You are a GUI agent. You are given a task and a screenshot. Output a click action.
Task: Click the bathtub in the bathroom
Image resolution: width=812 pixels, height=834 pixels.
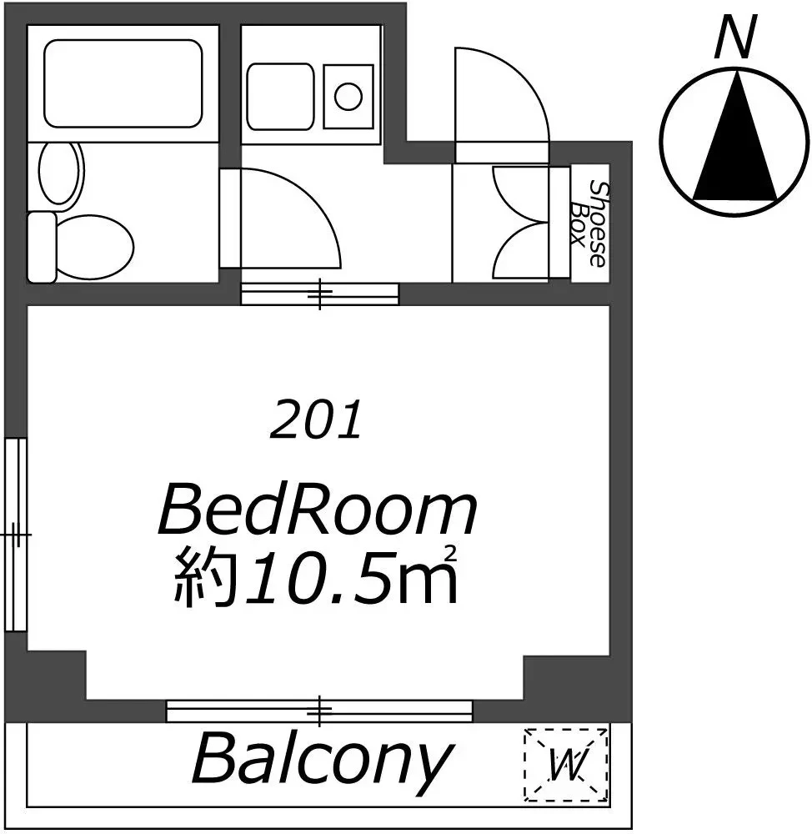(x=123, y=83)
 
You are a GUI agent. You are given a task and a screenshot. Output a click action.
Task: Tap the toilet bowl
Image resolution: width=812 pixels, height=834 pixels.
(x=94, y=248)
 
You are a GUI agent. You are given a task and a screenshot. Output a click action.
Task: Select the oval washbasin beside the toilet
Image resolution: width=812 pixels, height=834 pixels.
(x=62, y=173)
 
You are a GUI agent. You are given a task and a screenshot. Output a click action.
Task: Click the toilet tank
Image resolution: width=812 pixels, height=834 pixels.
(x=42, y=248)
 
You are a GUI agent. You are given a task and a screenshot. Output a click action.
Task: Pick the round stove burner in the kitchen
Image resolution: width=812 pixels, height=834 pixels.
(x=348, y=96)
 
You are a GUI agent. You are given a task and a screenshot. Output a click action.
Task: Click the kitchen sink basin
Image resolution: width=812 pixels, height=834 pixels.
(x=280, y=96)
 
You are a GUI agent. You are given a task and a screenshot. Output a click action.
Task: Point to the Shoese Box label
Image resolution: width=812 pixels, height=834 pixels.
(x=589, y=224)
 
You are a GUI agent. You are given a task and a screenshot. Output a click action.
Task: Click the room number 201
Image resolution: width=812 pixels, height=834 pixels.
(x=317, y=420)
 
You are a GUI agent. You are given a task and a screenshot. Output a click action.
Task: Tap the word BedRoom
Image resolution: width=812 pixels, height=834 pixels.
(x=318, y=509)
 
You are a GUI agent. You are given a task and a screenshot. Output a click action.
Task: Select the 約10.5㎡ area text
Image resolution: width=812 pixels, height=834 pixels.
(x=316, y=576)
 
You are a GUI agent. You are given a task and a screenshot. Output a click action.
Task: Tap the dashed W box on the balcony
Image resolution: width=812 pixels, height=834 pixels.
(x=566, y=764)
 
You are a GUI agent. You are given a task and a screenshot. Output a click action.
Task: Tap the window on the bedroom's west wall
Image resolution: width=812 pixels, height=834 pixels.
(x=16, y=534)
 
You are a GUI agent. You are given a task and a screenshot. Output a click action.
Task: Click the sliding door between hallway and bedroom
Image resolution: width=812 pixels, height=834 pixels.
(x=319, y=294)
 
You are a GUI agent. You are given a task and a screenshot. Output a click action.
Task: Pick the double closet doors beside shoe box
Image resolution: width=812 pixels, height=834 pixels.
(x=519, y=223)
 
